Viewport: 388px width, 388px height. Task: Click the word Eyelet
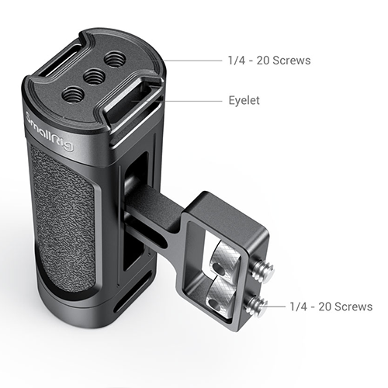tap(244, 100)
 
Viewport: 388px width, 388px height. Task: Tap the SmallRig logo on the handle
tap(50, 133)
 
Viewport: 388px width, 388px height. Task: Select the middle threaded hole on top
tap(94, 76)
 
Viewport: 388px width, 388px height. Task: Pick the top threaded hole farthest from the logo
tap(113, 59)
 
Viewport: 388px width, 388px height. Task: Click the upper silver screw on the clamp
tap(263, 271)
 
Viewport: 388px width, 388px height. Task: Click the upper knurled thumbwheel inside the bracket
tap(224, 257)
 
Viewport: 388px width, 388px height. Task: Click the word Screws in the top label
tap(291, 61)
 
